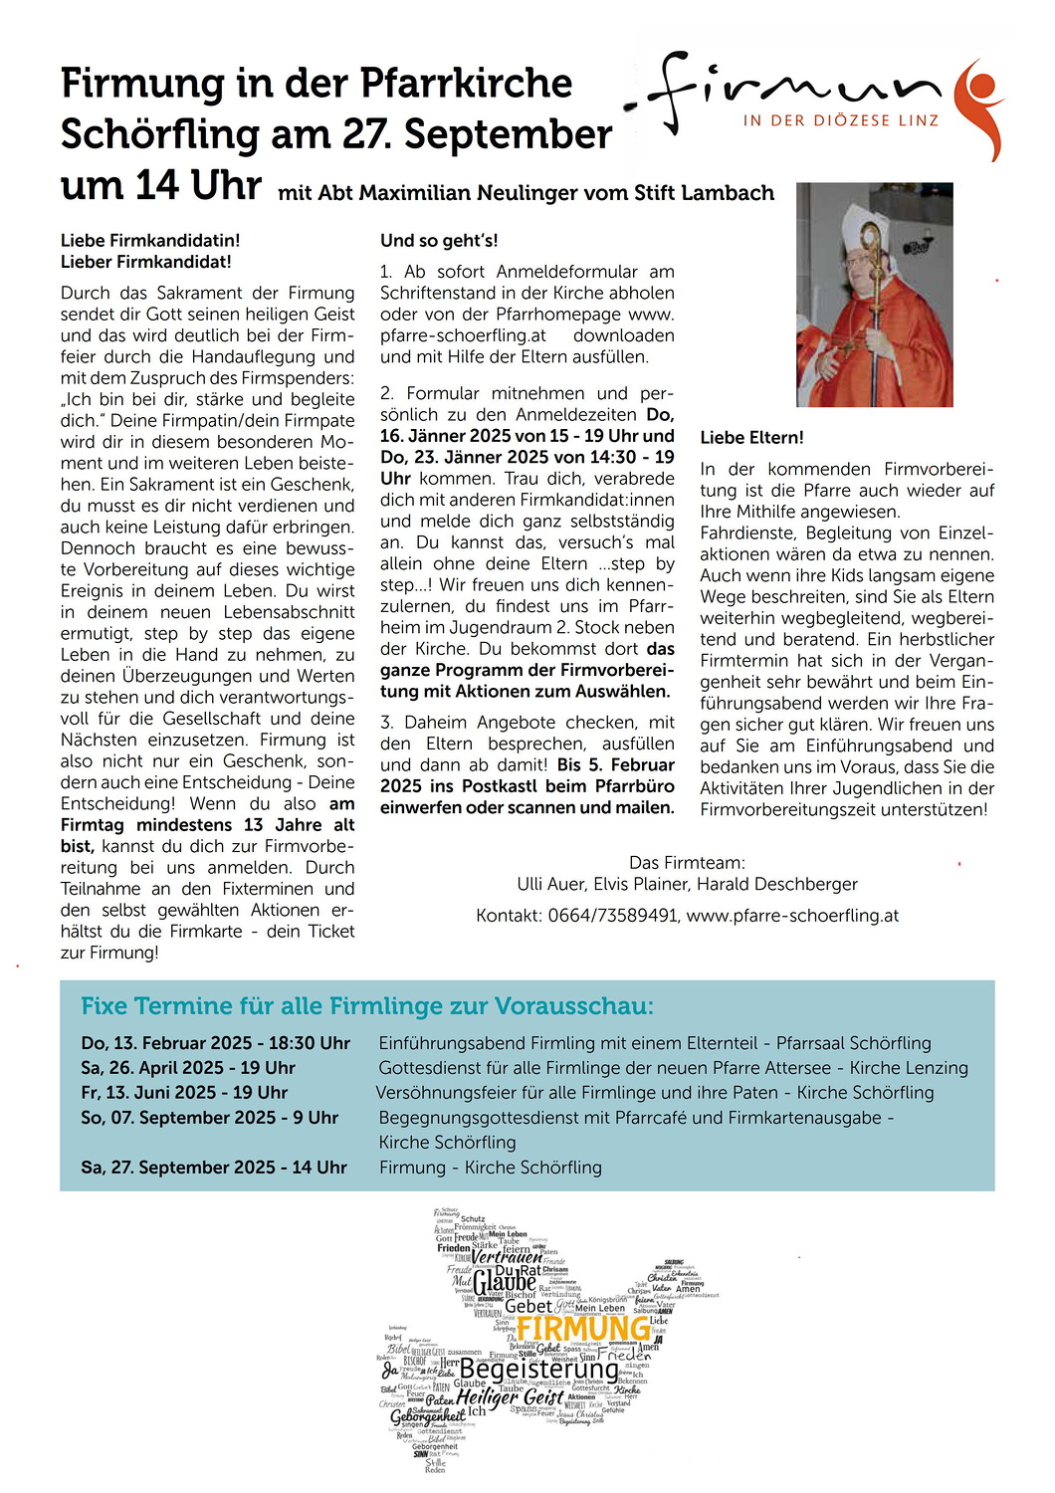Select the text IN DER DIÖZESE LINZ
(841, 120)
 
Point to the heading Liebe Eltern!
(751, 438)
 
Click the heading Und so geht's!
(439, 241)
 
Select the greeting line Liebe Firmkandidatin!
(150, 241)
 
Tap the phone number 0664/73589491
(612, 916)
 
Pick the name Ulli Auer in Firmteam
(552, 884)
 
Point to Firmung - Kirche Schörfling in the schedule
(490, 1168)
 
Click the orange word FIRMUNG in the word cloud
(583, 1329)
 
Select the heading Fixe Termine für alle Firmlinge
(366, 1006)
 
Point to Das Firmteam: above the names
(687, 863)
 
